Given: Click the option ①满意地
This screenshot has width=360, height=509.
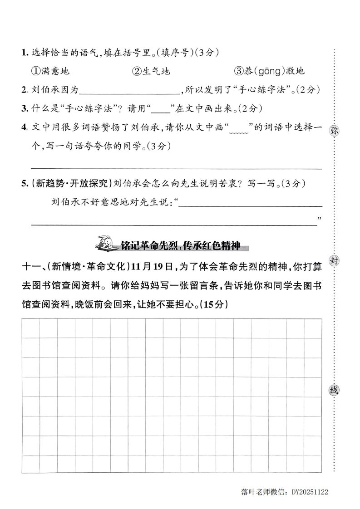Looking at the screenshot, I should (x=50, y=71).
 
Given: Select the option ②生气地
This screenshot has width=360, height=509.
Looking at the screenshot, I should (x=151, y=71).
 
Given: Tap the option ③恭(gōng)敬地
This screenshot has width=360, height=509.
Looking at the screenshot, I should (x=269, y=71).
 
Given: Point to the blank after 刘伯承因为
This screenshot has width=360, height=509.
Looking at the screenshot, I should (x=130, y=90).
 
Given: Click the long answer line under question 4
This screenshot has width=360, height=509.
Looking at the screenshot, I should (x=176, y=167).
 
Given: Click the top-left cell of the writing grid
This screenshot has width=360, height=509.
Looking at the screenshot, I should (x=30, y=328).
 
